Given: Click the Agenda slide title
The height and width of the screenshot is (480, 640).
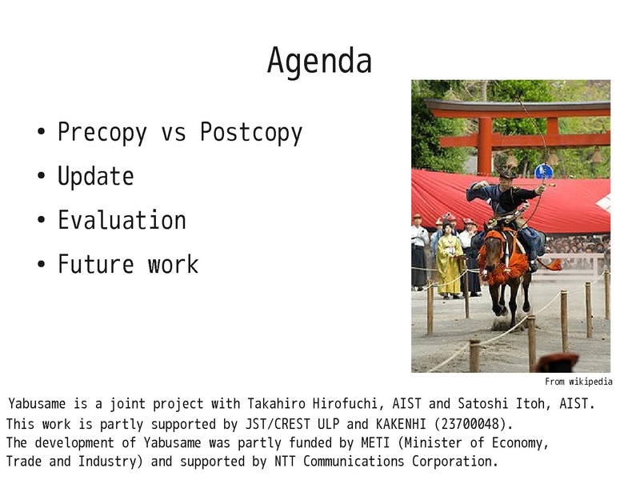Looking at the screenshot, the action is [x=319, y=62].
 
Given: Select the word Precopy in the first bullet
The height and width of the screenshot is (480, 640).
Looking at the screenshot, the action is [x=102, y=133].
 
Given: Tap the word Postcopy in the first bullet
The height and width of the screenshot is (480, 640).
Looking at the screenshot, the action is [x=251, y=133].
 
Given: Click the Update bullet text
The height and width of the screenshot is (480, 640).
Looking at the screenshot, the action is [x=95, y=176].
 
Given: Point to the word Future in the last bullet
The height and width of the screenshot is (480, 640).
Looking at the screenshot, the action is [x=95, y=264].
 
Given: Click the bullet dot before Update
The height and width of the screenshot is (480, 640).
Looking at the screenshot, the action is [x=42, y=176].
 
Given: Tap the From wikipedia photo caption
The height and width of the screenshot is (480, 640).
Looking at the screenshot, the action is [x=578, y=382].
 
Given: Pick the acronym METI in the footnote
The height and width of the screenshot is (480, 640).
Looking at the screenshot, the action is [x=375, y=442].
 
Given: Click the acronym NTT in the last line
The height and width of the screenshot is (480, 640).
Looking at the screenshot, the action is [x=285, y=462].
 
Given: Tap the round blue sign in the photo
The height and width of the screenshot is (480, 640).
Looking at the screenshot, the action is [x=544, y=171].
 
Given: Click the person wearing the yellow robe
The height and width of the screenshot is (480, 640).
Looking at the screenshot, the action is [x=450, y=261].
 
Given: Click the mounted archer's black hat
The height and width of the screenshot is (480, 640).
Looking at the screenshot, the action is [x=507, y=173].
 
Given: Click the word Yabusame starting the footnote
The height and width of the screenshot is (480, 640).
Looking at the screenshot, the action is [x=37, y=404].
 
